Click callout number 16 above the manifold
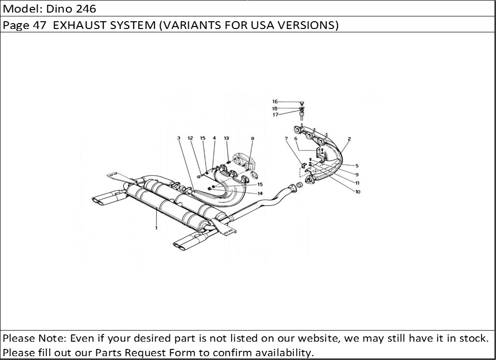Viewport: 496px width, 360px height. pyautogui.click(x=275, y=102)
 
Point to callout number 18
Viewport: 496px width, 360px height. pyautogui.click(x=275, y=109)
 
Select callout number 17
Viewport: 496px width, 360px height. pyautogui.click(x=275, y=115)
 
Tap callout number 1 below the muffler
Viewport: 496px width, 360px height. pyautogui.click(x=156, y=227)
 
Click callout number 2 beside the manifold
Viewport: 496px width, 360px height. pyautogui.click(x=349, y=139)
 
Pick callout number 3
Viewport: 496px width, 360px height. pyautogui.click(x=179, y=138)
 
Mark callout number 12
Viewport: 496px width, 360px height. pyautogui.click(x=191, y=138)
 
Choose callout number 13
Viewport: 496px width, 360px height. pyautogui.click(x=226, y=138)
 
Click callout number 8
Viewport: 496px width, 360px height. pyautogui.click(x=252, y=138)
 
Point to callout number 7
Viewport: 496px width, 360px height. pyautogui.click(x=286, y=139)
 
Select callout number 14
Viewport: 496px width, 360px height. pyautogui.click(x=260, y=194)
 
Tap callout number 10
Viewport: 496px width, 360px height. pyautogui.click(x=358, y=192)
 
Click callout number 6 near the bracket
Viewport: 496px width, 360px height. pyautogui.click(x=296, y=139)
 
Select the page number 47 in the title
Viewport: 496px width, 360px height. pyautogui.click(x=40, y=25)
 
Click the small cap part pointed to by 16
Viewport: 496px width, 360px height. pyautogui.click(x=302, y=103)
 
